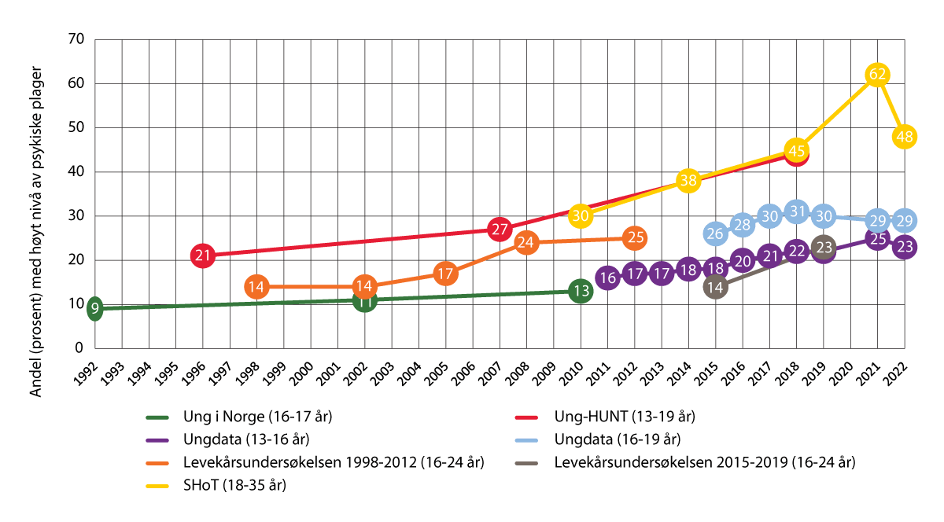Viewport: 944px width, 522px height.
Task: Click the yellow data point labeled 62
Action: [x=878, y=75]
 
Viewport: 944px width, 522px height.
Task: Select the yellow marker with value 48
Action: [x=905, y=137]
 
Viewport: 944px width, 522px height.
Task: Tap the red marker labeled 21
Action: [x=203, y=255]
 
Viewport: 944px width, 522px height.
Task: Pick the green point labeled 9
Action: [x=95, y=308]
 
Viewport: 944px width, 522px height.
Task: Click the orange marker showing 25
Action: [x=635, y=237]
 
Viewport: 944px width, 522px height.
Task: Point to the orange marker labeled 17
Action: [x=445, y=274]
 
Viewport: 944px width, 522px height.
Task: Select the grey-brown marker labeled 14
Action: [x=715, y=287]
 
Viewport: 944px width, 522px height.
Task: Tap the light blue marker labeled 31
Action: [x=796, y=211]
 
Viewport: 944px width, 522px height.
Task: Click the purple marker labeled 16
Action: [x=607, y=278]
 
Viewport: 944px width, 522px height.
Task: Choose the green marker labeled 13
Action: [x=581, y=291]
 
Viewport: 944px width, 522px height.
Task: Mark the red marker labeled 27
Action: [x=500, y=230]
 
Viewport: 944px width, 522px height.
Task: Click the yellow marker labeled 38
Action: [x=688, y=181]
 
